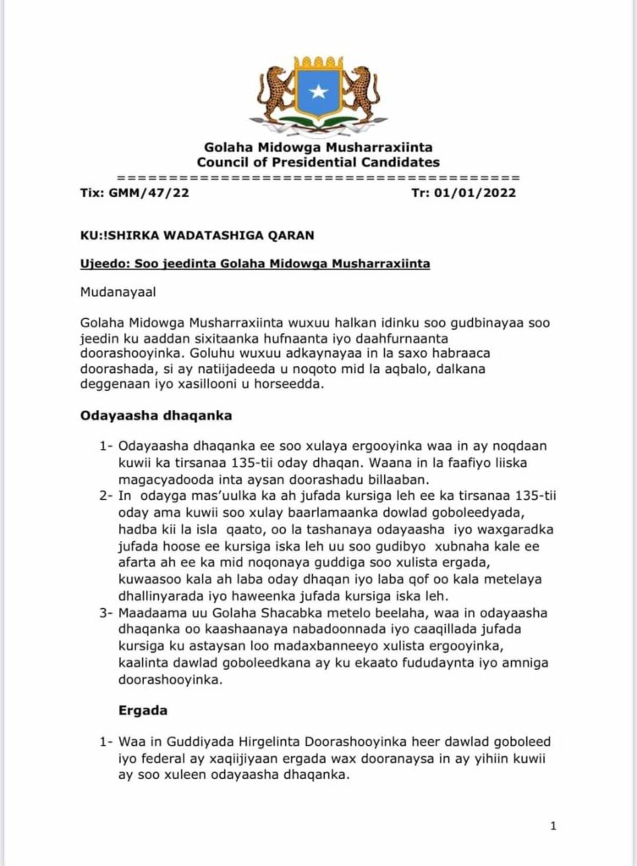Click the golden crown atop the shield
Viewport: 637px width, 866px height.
click(318, 63)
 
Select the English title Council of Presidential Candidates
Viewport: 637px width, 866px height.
click(318, 162)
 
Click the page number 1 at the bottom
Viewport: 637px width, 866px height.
click(553, 825)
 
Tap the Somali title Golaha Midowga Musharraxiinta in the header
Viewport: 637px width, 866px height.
click(318, 148)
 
